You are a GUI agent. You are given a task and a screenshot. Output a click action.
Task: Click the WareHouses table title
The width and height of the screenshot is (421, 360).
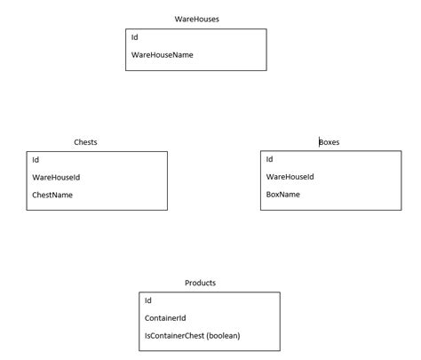coord(197,19)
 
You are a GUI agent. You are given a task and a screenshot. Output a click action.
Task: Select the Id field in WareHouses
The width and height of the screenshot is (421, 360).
coord(135,37)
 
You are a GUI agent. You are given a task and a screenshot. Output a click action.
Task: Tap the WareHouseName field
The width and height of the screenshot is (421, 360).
coord(162,55)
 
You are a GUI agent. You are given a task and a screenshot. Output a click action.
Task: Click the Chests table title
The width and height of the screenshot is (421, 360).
coord(86,142)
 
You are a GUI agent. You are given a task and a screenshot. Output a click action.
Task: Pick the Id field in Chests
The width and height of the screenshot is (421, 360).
coord(36,160)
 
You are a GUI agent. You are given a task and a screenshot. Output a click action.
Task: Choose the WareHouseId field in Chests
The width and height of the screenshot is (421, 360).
coord(56,177)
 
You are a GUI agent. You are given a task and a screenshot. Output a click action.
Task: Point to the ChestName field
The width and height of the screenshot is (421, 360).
coord(52,195)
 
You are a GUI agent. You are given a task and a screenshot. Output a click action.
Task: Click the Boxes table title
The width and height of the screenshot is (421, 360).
coord(330,142)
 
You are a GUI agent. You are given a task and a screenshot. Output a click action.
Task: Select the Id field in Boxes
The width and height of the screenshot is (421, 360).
coord(269,159)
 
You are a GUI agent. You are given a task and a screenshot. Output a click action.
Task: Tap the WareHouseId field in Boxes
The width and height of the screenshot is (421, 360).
coord(290,177)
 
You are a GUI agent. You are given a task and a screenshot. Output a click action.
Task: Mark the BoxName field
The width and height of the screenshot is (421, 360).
coord(283,194)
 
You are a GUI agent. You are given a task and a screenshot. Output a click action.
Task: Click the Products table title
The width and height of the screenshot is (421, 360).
coord(200,283)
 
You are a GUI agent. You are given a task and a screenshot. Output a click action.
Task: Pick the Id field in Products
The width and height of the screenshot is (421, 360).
coord(148,300)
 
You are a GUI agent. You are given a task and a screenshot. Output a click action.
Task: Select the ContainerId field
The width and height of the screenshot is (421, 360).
coord(164,317)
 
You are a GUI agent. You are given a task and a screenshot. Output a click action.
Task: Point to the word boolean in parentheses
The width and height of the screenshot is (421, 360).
coord(222,335)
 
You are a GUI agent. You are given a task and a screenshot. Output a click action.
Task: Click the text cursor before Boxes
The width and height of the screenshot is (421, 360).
coord(319,142)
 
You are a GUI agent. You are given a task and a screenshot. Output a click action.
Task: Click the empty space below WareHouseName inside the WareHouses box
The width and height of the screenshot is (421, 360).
coord(197,65)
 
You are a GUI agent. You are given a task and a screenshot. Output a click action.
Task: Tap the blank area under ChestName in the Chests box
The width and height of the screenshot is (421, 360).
coord(98,204)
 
